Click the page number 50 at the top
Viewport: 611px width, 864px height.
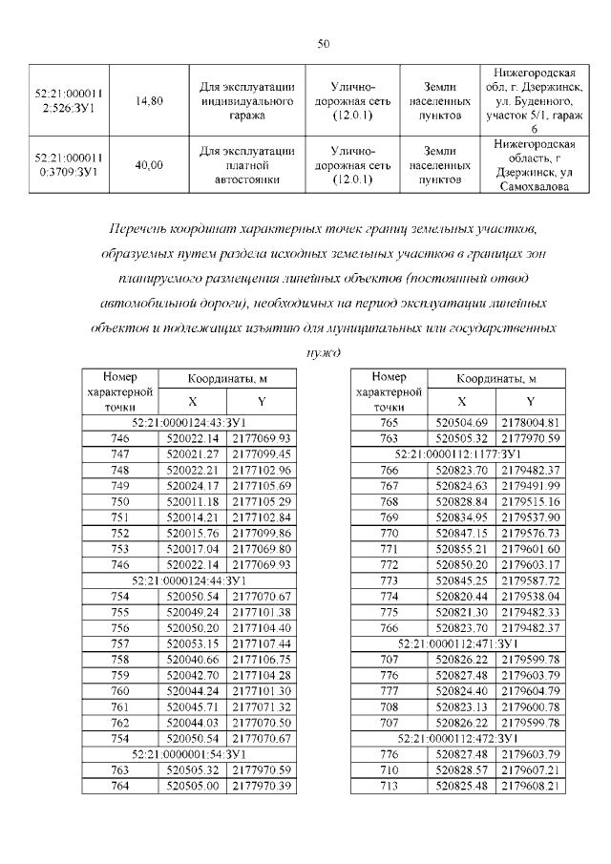pyautogui.click(x=323, y=44)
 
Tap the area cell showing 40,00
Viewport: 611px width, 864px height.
pyautogui.click(x=149, y=164)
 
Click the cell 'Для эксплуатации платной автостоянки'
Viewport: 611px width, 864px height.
pyautogui.click(x=246, y=164)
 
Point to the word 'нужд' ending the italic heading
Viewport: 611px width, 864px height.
pyautogui.click(x=323, y=350)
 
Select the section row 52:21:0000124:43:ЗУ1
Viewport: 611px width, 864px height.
pyautogui.click(x=189, y=421)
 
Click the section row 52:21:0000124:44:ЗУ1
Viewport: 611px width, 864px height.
pyautogui.click(x=189, y=580)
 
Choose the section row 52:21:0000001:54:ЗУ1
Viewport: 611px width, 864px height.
pyautogui.click(x=189, y=754)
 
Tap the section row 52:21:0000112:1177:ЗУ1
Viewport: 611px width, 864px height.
pyautogui.click(x=457, y=453)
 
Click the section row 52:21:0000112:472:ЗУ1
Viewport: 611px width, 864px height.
pyautogui.click(x=457, y=739)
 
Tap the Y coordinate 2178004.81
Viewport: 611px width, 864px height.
pyautogui.click(x=530, y=422)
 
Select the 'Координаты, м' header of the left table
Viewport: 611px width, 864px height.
pyautogui.click(x=227, y=379)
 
